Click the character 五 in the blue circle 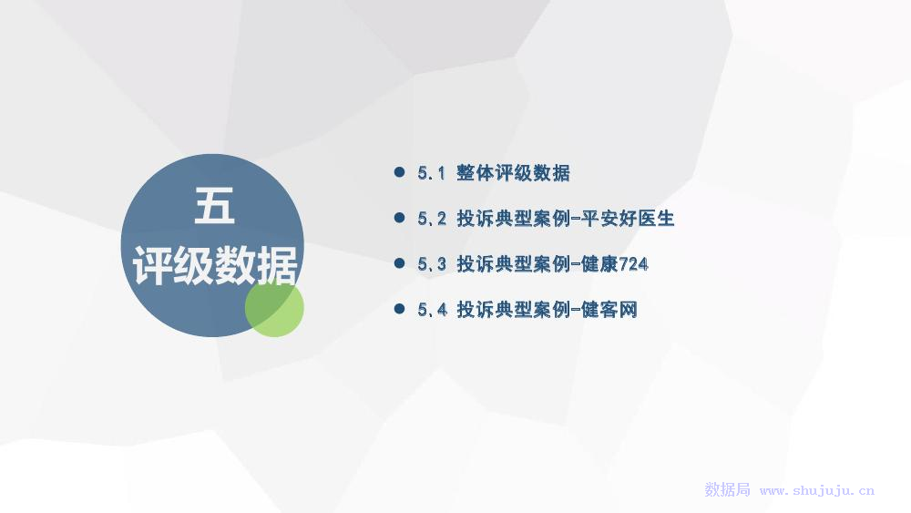[214, 206]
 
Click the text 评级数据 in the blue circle [215, 265]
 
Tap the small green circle [274, 307]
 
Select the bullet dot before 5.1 [399, 172]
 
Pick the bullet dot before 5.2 [399, 218]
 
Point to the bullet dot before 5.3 [399, 263]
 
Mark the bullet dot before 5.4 [399, 309]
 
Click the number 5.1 [431, 172]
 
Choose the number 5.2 [432, 219]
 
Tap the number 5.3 [432, 263]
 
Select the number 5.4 [432, 309]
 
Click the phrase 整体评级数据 [513, 172]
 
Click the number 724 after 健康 [633, 264]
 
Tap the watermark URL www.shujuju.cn [817, 490]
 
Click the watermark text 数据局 [727, 489]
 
